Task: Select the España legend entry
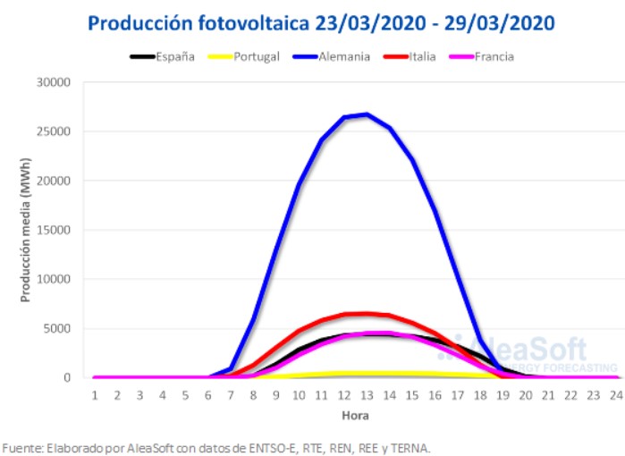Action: (174, 56)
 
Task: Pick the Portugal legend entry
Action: (257, 56)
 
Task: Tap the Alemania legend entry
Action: (342, 56)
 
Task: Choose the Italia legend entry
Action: (422, 56)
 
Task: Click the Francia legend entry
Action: (494, 56)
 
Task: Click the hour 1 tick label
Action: (94, 394)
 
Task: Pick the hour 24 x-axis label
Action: (615, 394)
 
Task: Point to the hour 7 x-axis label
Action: (231, 394)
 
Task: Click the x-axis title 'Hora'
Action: (354, 416)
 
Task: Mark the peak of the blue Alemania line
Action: (367, 114)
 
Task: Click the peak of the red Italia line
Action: (367, 313)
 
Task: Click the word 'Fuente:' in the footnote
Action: (22, 446)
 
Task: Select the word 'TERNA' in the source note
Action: (410, 446)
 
